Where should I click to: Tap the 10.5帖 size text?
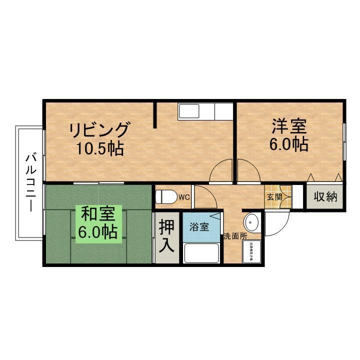(100, 148)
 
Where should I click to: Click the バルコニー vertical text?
(30, 183)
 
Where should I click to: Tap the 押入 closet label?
(166, 237)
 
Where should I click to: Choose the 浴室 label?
(198, 226)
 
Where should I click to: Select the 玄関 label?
(274, 196)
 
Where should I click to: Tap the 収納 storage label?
(325, 196)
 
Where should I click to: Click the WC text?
(183, 197)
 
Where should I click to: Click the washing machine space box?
(251, 251)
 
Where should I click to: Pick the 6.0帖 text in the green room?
(98, 233)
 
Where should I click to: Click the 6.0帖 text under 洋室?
(288, 144)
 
